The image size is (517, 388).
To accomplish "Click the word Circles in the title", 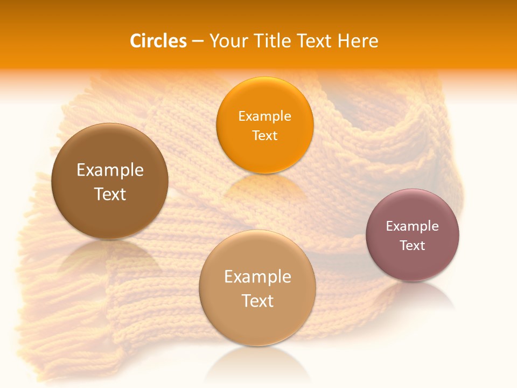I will (158, 41).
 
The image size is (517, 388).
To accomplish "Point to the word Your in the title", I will (228, 41).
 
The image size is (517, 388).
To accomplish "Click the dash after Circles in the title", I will (198, 41).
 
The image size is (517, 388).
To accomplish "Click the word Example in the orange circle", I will (264, 116).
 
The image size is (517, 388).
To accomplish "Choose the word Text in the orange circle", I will (264, 136).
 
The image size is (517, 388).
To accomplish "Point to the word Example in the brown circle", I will (110, 170).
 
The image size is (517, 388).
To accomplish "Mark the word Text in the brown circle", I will (110, 194).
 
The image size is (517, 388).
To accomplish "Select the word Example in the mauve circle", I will (412, 226).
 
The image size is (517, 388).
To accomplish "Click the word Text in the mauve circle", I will (413, 246).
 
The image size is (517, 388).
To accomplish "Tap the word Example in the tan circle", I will (257, 277).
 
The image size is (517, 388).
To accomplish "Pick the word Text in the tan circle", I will (257, 301).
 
